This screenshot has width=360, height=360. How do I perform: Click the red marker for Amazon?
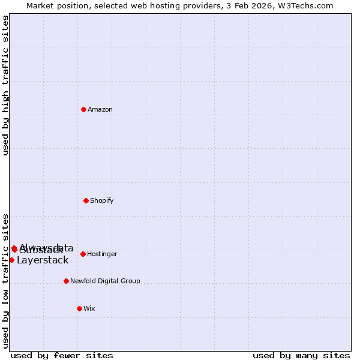[84, 109]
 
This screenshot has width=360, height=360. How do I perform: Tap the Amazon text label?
[100, 110]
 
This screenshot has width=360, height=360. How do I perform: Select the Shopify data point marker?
[86, 200]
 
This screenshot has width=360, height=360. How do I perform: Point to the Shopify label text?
[102, 201]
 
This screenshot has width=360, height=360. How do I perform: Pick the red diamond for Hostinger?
[83, 254]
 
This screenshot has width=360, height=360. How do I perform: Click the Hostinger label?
[102, 254]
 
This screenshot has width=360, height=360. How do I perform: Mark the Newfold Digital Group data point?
[66, 281]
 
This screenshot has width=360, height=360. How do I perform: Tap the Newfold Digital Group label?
[105, 281]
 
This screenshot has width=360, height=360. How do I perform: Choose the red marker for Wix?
[79, 308]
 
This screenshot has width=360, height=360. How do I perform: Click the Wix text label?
[89, 309]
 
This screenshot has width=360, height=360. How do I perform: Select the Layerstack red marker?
[11, 260]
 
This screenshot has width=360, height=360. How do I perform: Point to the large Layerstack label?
[43, 260]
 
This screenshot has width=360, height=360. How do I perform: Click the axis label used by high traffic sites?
[5, 86]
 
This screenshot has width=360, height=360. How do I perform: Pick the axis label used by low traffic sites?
[5, 281]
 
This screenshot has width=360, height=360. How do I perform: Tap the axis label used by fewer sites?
[62, 356]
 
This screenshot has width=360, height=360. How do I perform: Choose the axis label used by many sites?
[301, 356]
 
